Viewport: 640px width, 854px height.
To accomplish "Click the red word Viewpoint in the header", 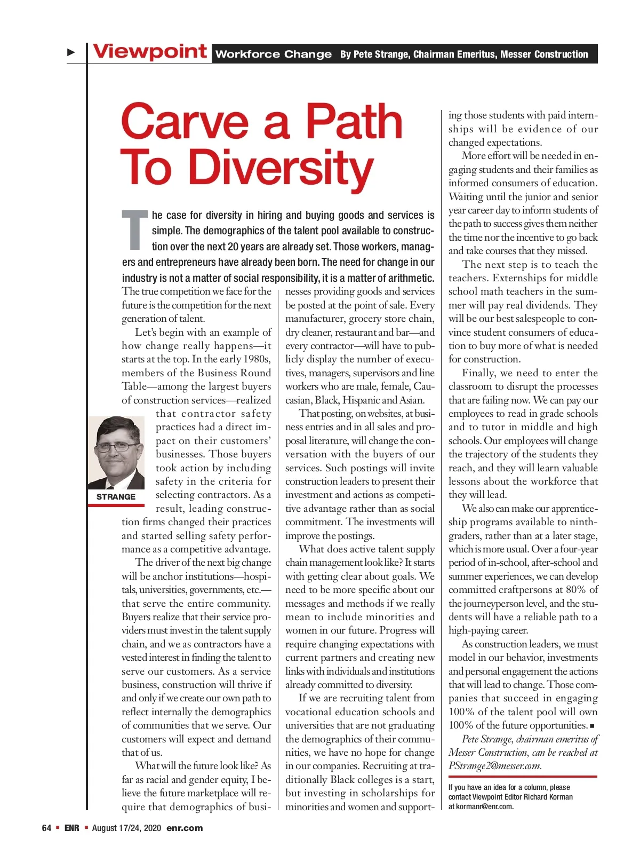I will click(x=150, y=52).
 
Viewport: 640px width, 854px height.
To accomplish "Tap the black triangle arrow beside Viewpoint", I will click(x=71, y=52).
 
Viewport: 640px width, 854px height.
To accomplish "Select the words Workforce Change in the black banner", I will click(x=273, y=54).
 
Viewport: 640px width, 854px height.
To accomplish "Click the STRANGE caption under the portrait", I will click(x=116, y=496).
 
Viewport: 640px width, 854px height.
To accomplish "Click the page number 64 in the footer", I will click(x=46, y=828).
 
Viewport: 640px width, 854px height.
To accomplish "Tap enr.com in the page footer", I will click(x=185, y=828).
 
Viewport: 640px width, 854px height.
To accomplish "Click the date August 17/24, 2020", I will click(x=126, y=828).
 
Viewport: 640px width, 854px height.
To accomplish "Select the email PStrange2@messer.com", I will click(x=494, y=766).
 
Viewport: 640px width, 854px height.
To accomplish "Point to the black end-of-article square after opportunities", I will click(x=592, y=726).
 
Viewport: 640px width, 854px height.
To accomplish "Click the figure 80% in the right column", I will click(x=577, y=589).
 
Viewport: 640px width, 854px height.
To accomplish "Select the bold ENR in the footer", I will click(x=71, y=828).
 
